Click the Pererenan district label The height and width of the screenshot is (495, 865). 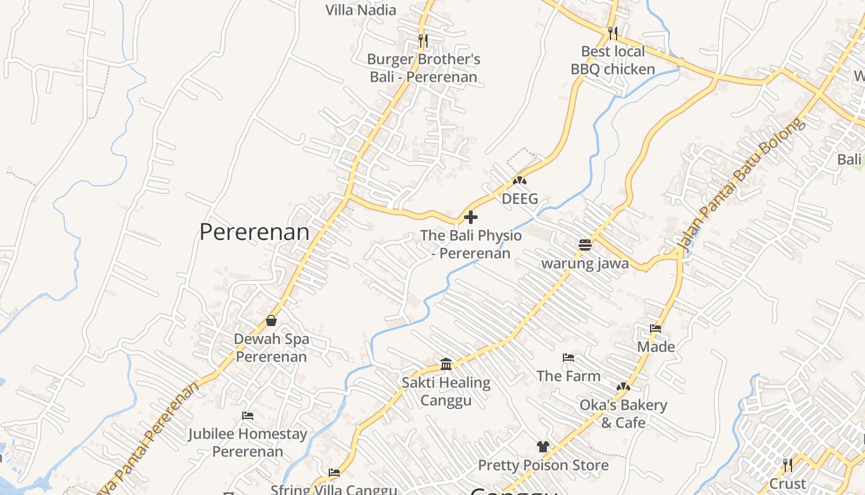point(254,232)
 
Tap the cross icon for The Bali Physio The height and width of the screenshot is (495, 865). point(471,217)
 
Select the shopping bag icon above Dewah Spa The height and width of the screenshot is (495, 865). point(271,321)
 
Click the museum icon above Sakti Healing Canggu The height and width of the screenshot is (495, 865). point(446,363)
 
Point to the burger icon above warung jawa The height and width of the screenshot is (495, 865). point(585,244)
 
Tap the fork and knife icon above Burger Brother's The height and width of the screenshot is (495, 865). point(423,41)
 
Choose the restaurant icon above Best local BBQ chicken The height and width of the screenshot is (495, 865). point(612,32)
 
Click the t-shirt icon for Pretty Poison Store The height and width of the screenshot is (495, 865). point(542,446)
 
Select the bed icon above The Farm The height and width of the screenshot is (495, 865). point(568,358)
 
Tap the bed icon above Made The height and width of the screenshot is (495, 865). point(656,329)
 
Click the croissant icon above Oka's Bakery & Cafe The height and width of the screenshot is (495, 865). point(623,387)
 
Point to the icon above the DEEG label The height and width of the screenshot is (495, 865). point(520,181)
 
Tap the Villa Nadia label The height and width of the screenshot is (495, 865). point(361,9)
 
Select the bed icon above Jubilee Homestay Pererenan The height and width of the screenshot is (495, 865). point(248,416)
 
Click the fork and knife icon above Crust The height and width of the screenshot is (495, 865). point(787,465)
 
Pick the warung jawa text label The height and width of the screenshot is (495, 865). point(585,264)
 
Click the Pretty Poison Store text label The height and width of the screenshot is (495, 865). point(543,465)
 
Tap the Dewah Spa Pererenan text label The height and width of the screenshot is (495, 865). point(271,348)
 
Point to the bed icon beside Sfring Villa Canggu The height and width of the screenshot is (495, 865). point(334,473)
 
